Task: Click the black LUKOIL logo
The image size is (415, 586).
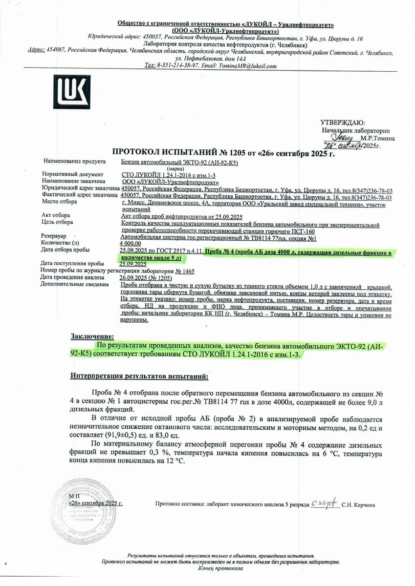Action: pos(73,91)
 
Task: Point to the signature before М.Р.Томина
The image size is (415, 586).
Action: pos(342,138)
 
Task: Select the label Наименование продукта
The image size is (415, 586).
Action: pos(74,161)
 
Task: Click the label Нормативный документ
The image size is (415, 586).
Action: pos(72,174)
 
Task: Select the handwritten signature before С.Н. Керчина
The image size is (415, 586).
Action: pos(325,503)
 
